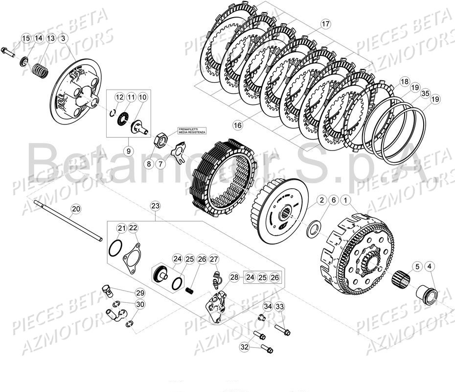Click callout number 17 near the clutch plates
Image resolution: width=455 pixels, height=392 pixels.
pos(326,24)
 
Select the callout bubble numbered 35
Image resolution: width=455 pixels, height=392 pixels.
pos(424,93)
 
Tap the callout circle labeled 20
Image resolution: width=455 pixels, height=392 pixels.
pos(89,209)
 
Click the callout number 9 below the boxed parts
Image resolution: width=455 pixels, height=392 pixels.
pos(128,151)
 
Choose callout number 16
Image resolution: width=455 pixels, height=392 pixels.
pos(238,125)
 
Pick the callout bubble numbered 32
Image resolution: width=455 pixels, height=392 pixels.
pos(244,346)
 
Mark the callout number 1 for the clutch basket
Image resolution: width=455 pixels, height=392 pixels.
pos(346,200)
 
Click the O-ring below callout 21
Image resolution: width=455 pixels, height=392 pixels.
pos(114,248)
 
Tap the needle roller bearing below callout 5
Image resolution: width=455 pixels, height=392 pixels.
pos(405,282)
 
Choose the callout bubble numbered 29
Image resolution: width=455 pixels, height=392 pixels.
pos(140,293)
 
